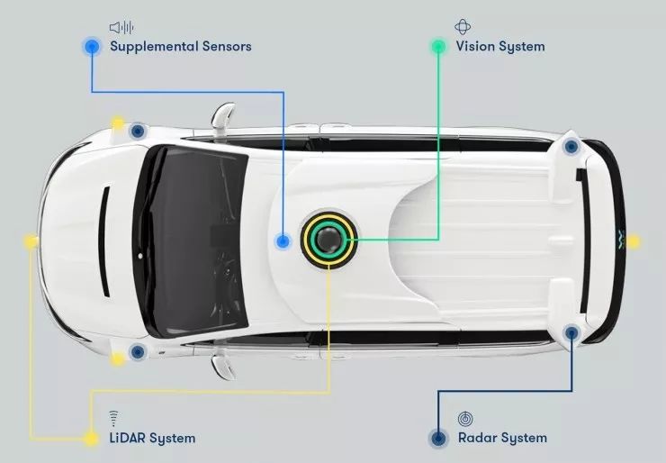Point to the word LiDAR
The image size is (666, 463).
click(x=127, y=438)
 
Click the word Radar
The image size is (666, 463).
click(x=477, y=438)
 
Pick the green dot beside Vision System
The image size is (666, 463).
click(x=438, y=46)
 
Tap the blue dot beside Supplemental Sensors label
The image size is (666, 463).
click(x=92, y=46)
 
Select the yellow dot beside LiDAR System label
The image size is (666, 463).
click(x=91, y=439)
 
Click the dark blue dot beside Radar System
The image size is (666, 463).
click(x=438, y=439)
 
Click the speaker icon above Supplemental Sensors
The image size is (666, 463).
click(x=121, y=28)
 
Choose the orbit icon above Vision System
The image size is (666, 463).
click(x=463, y=27)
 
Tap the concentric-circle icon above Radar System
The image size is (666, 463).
click(x=465, y=419)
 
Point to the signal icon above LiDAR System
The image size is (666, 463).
click(x=113, y=419)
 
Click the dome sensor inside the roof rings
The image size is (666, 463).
click(x=328, y=241)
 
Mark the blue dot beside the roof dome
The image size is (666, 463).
click(x=283, y=241)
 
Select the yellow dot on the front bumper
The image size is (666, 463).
click(x=31, y=241)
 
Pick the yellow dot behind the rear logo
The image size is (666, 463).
click(x=633, y=241)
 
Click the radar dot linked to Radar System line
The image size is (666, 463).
click(x=571, y=332)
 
